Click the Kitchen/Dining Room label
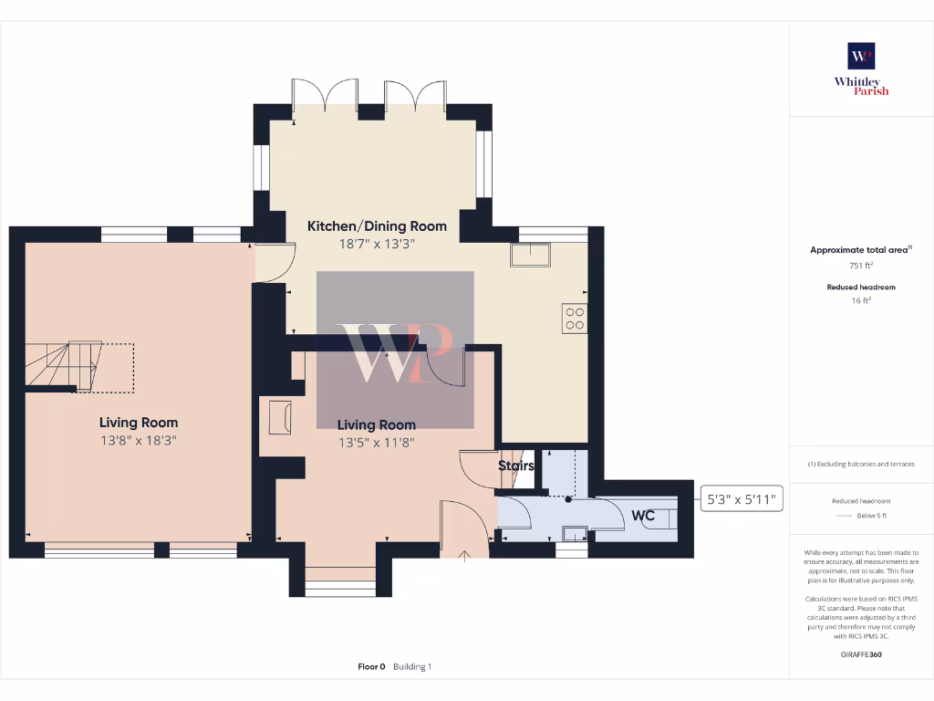click(x=377, y=226)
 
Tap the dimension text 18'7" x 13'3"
click(x=377, y=244)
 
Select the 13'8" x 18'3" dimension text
click(x=139, y=439)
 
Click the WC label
click(x=643, y=516)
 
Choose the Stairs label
click(x=515, y=466)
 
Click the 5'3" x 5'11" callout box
click(x=742, y=499)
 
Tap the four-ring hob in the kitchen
click(x=575, y=318)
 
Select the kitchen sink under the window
click(x=531, y=254)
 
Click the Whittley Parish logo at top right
click(x=861, y=68)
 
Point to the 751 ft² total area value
click(x=861, y=265)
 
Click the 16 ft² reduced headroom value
click(x=861, y=300)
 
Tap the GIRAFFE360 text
click(x=861, y=654)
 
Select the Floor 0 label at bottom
click(x=371, y=667)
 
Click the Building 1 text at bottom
click(x=412, y=667)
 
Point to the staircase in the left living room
click(x=64, y=365)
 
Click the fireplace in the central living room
click(x=277, y=418)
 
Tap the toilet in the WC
click(x=667, y=518)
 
